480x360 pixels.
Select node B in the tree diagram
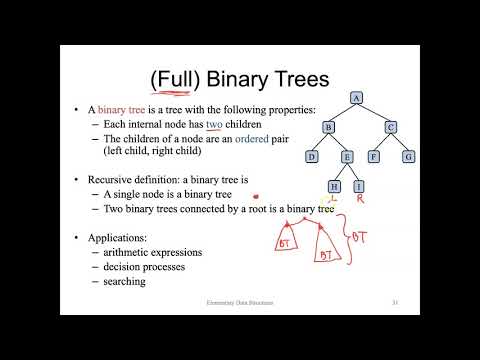pos(327,127)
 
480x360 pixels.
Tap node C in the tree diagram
pos(391,127)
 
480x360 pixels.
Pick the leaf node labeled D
pos(311,156)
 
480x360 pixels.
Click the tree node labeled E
pos(345,156)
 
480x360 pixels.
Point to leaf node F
pos(374,156)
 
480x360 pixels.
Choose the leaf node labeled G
pos(407,156)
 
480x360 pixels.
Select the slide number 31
pos(396,301)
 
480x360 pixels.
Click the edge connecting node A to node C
pos(375,112)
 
